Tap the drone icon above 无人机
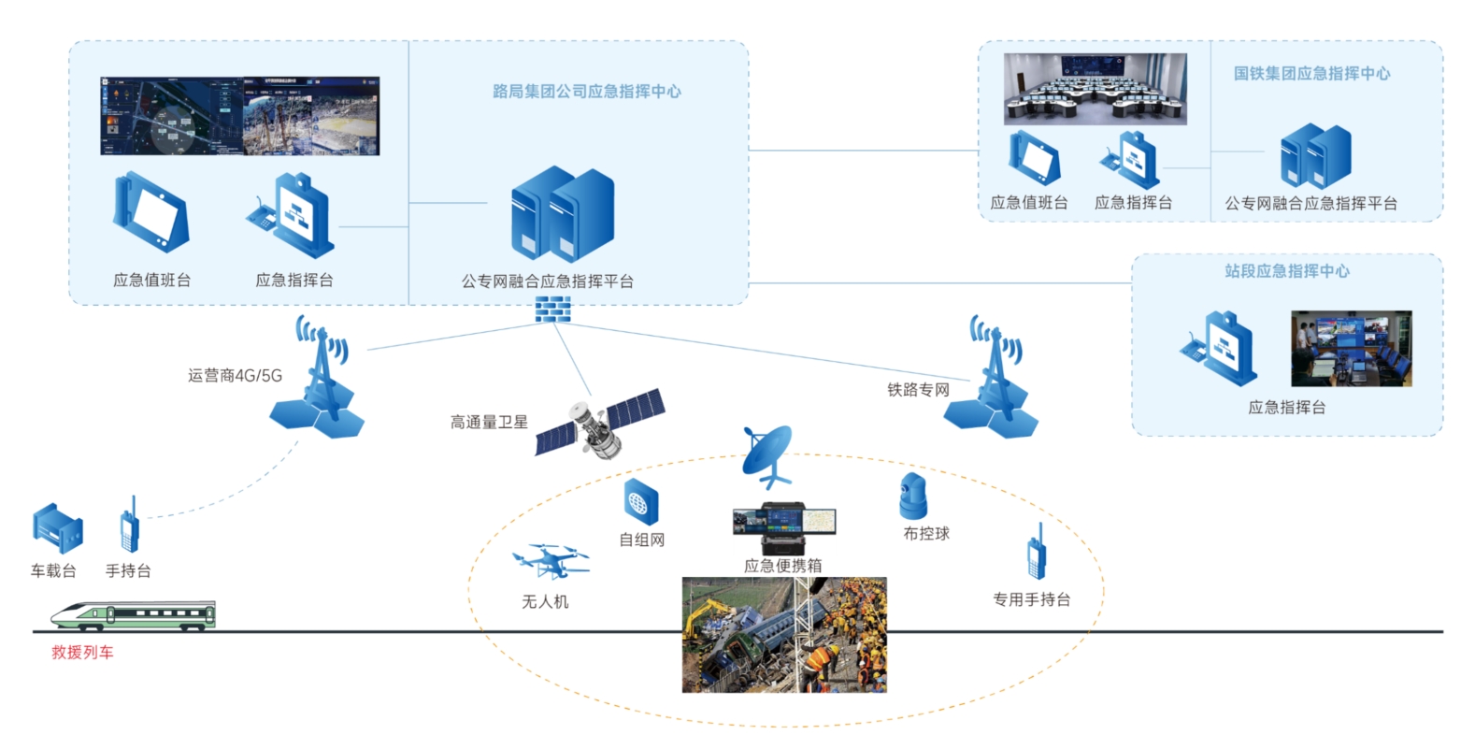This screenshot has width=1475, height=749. tap(551, 561)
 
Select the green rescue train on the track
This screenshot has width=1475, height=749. tap(134, 614)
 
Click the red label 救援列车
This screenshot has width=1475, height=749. tap(82, 653)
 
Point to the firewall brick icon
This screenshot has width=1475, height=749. tap(552, 310)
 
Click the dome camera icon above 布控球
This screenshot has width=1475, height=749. tap(912, 497)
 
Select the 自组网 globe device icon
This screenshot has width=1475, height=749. tap(641, 503)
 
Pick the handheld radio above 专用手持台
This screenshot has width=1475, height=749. tap(1036, 553)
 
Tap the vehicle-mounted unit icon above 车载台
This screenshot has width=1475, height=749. tap(57, 529)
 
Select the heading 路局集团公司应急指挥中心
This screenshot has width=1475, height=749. tap(586, 92)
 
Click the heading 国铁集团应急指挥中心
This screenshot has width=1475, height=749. tap(1311, 73)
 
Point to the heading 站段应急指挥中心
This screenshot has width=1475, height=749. tap(1287, 271)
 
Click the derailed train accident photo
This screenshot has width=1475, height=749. tap(784, 635)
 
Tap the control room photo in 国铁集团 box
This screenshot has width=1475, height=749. tap(1095, 89)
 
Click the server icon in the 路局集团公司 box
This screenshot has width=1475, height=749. tap(562, 214)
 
